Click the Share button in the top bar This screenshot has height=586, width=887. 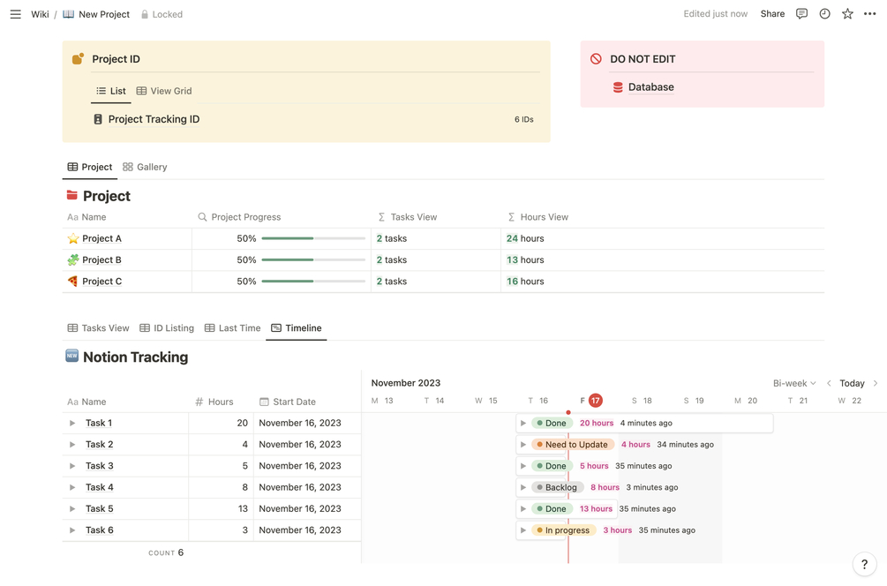pyautogui.click(x=772, y=14)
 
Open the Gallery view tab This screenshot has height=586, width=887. pyautogui.click(x=145, y=167)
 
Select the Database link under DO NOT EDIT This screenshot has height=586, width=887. pyautogui.click(x=650, y=87)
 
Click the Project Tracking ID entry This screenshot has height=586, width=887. pyautogui.click(x=154, y=119)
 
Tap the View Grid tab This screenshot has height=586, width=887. pyautogui.click(x=164, y=91)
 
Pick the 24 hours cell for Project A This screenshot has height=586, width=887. pyautogui.click(x=525, y=238)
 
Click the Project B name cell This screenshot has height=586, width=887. pyautogui.click(x=101, y=259)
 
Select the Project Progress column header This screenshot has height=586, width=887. pyautogui.click(x=245, y=217)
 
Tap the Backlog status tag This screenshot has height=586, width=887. pyautogui.click(x=557, y=487)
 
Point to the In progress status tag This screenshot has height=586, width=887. pyautogui.click(x=563, y=530)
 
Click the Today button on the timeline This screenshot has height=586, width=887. pyautogui.click(x=852, y=383)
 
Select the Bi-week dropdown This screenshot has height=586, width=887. pyautogui.click(x=793, y=383)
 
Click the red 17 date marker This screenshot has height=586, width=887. pyautogui.click(x=596, y=401)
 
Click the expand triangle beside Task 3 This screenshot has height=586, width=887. pyautogui.click(x=72, y=466)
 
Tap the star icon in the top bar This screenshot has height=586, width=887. pyautogui.click(x=847, y=14)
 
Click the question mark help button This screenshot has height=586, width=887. pyautogui.click(x=864, y=564)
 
